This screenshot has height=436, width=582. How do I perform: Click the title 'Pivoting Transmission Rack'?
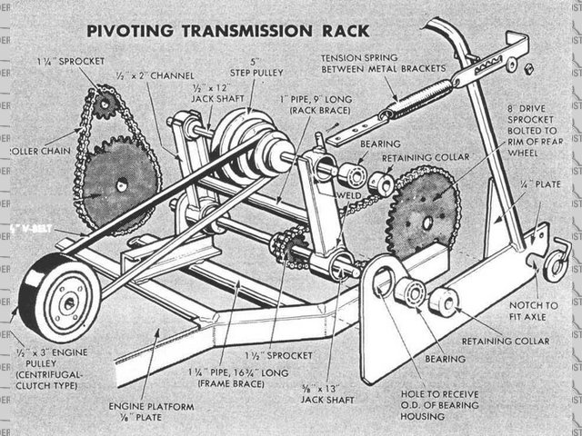[x=227, y=30]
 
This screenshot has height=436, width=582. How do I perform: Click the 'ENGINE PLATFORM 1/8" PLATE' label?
[x=151, y=413]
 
